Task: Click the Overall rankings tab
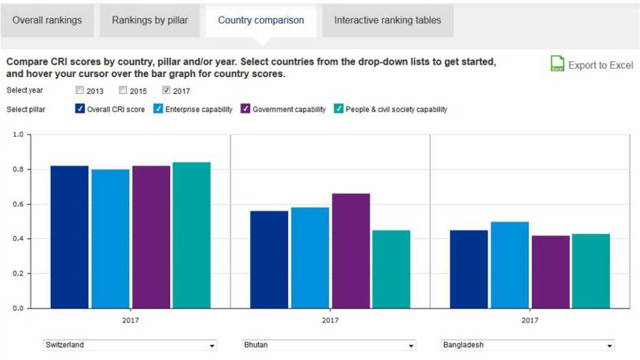tap(47, 20)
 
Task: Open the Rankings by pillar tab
tap(150, 20)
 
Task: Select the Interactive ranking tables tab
tap(388, 20)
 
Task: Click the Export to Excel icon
tap(557, 64)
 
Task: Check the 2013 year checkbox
tap(81, 91)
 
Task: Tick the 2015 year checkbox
tap(123, 91)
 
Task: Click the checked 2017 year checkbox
tap(167, 91)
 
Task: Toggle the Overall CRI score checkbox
tap(81, 109)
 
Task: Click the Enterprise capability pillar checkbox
tap(158, 109)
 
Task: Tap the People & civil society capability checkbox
tap(339, 109)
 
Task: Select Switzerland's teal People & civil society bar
tap(191, 235)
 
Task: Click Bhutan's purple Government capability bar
tap(350, 250)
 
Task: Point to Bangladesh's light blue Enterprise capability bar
tap(509, 264)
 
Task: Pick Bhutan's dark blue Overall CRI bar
tap(269, 259)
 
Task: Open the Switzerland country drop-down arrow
tap(212, 346)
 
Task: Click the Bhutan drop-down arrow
tap(411, 346)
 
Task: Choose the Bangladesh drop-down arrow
tap(609, 346)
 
